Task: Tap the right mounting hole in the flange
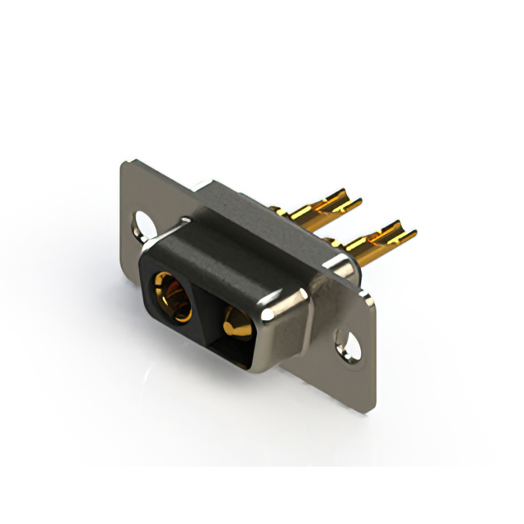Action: pyautogui.click(x=350, y=344)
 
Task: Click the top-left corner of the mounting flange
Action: pyautogui.click(x=124, y=165)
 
